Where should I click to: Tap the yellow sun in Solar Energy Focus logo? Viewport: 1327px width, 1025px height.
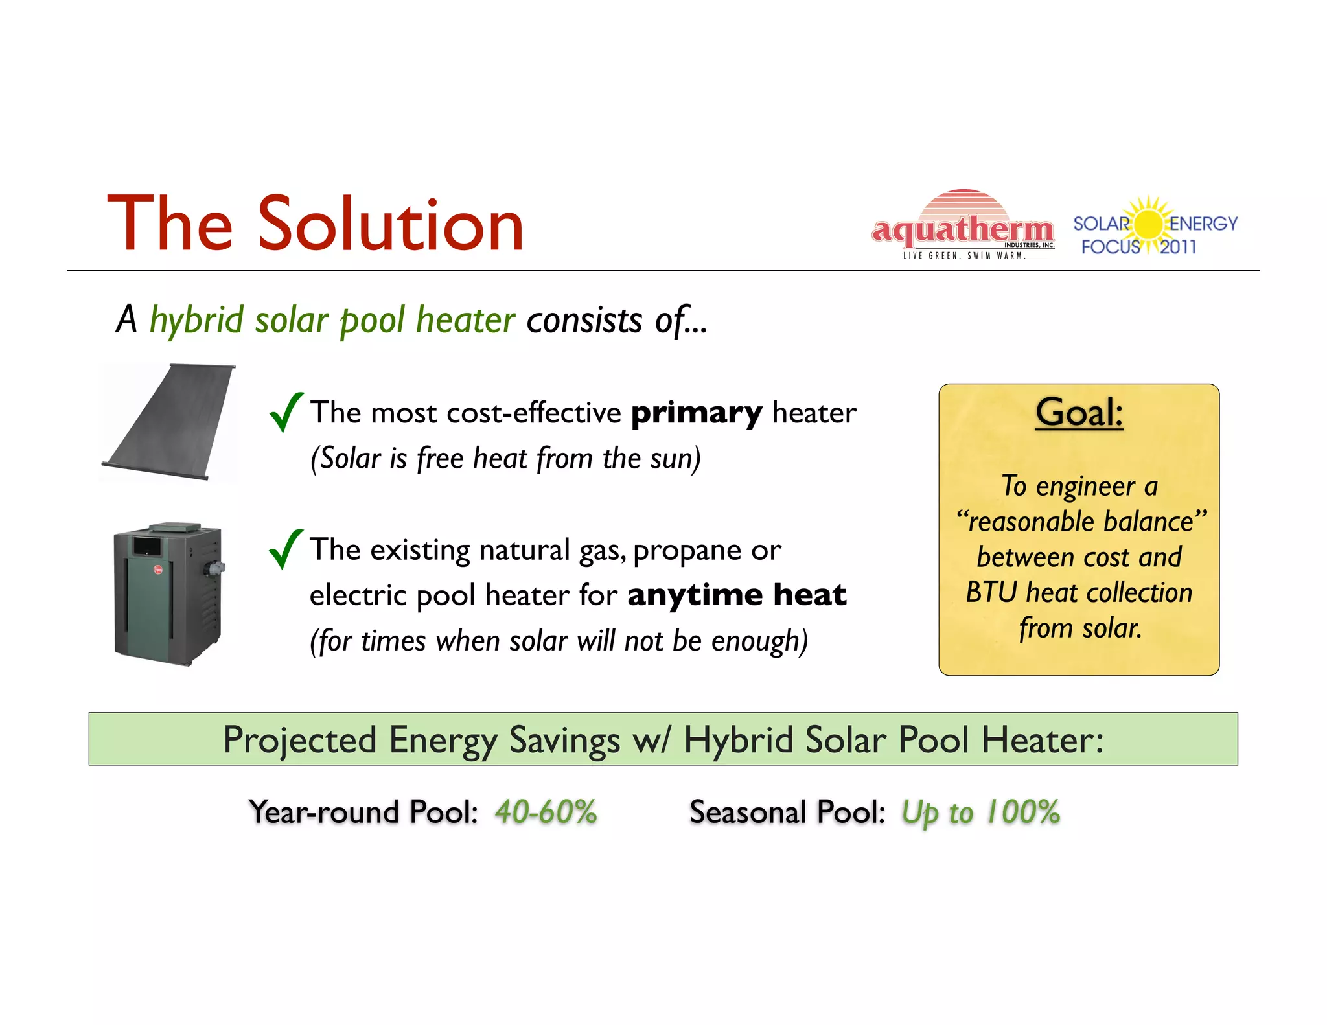1149,224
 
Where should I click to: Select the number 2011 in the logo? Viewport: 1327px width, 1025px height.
1178,247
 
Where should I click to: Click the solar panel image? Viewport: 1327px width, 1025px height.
169,422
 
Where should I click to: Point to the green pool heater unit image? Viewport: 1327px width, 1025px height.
168,594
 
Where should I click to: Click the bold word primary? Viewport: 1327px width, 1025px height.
697,413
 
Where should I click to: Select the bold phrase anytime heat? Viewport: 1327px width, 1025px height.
737,595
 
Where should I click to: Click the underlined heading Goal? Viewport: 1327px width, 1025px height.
1079,412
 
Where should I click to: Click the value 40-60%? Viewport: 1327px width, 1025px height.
546,812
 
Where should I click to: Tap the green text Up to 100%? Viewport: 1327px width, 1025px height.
980,812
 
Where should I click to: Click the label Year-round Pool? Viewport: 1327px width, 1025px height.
363,812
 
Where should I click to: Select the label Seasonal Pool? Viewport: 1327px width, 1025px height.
787,812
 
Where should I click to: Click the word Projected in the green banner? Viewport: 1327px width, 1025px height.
299,740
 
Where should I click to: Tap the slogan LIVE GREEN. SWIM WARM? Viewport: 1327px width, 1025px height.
964,256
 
